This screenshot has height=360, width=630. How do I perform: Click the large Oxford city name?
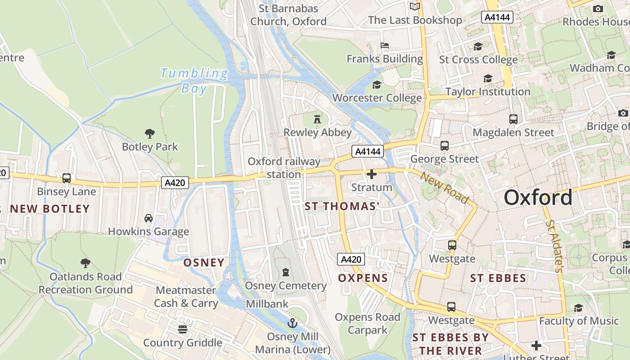click(538, 198)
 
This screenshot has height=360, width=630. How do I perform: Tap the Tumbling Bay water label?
click(194, 80)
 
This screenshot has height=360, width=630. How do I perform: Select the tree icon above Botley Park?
click(150, 133)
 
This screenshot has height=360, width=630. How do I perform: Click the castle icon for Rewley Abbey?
click(317, 119)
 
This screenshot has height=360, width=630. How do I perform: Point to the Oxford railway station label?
click(284, 168)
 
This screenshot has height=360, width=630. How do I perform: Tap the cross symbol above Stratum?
click(372, 174)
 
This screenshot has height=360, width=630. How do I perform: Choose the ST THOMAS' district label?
click(342, 207)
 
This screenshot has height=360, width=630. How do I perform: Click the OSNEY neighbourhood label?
click(204, 263)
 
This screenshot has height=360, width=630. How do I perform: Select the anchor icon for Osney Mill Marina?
click(292, 323)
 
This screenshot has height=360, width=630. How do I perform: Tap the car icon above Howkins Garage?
click(148, 218)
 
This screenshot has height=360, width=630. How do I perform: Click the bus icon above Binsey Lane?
click(67, 178)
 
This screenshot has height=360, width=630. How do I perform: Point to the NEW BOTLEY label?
click(49, 209)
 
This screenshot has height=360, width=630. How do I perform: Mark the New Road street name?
click(444, 187)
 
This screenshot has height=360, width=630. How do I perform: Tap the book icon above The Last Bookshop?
click(414, 6)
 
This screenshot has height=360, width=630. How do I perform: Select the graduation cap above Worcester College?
click(377, 85)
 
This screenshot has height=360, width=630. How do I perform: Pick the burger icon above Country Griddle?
click(182, 329)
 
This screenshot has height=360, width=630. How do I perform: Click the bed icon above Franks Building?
click(385, 45)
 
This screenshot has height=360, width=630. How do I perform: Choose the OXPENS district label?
click(363, 278)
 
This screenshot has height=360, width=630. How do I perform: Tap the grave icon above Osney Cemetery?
click(285, 272)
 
